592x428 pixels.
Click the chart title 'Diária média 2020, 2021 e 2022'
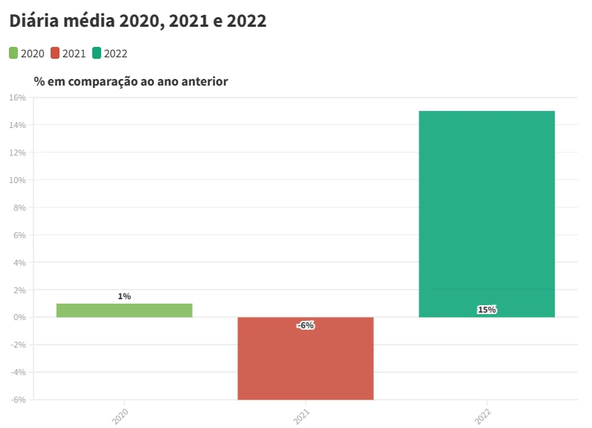(x=138, y=22)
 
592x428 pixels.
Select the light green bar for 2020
(x=124, y=310)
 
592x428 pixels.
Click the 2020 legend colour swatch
(x=14, y=53)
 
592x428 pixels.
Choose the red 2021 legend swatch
(x=55, y=53)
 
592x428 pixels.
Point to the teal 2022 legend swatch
(x=97, y=53)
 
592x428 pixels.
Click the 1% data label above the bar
(x=124, y=296)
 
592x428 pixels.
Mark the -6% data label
(x=306, y=325)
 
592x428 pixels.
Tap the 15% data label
(x=486, y=310)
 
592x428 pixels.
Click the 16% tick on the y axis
(x=17, y=98)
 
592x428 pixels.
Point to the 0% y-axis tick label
(x=19, y=317)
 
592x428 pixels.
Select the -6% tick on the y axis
(x=18, y=400)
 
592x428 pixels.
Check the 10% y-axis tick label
(x=17, y=180)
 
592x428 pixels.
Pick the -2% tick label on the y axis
(x=18, y=345)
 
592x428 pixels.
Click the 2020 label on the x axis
(x=120, y=416)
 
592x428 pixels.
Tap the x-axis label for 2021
(x=302, y=416)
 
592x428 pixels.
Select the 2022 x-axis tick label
(x=483, y=416)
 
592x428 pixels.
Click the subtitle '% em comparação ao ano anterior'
(x=131, y=81)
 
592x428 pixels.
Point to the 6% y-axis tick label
(x=19, y=235)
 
